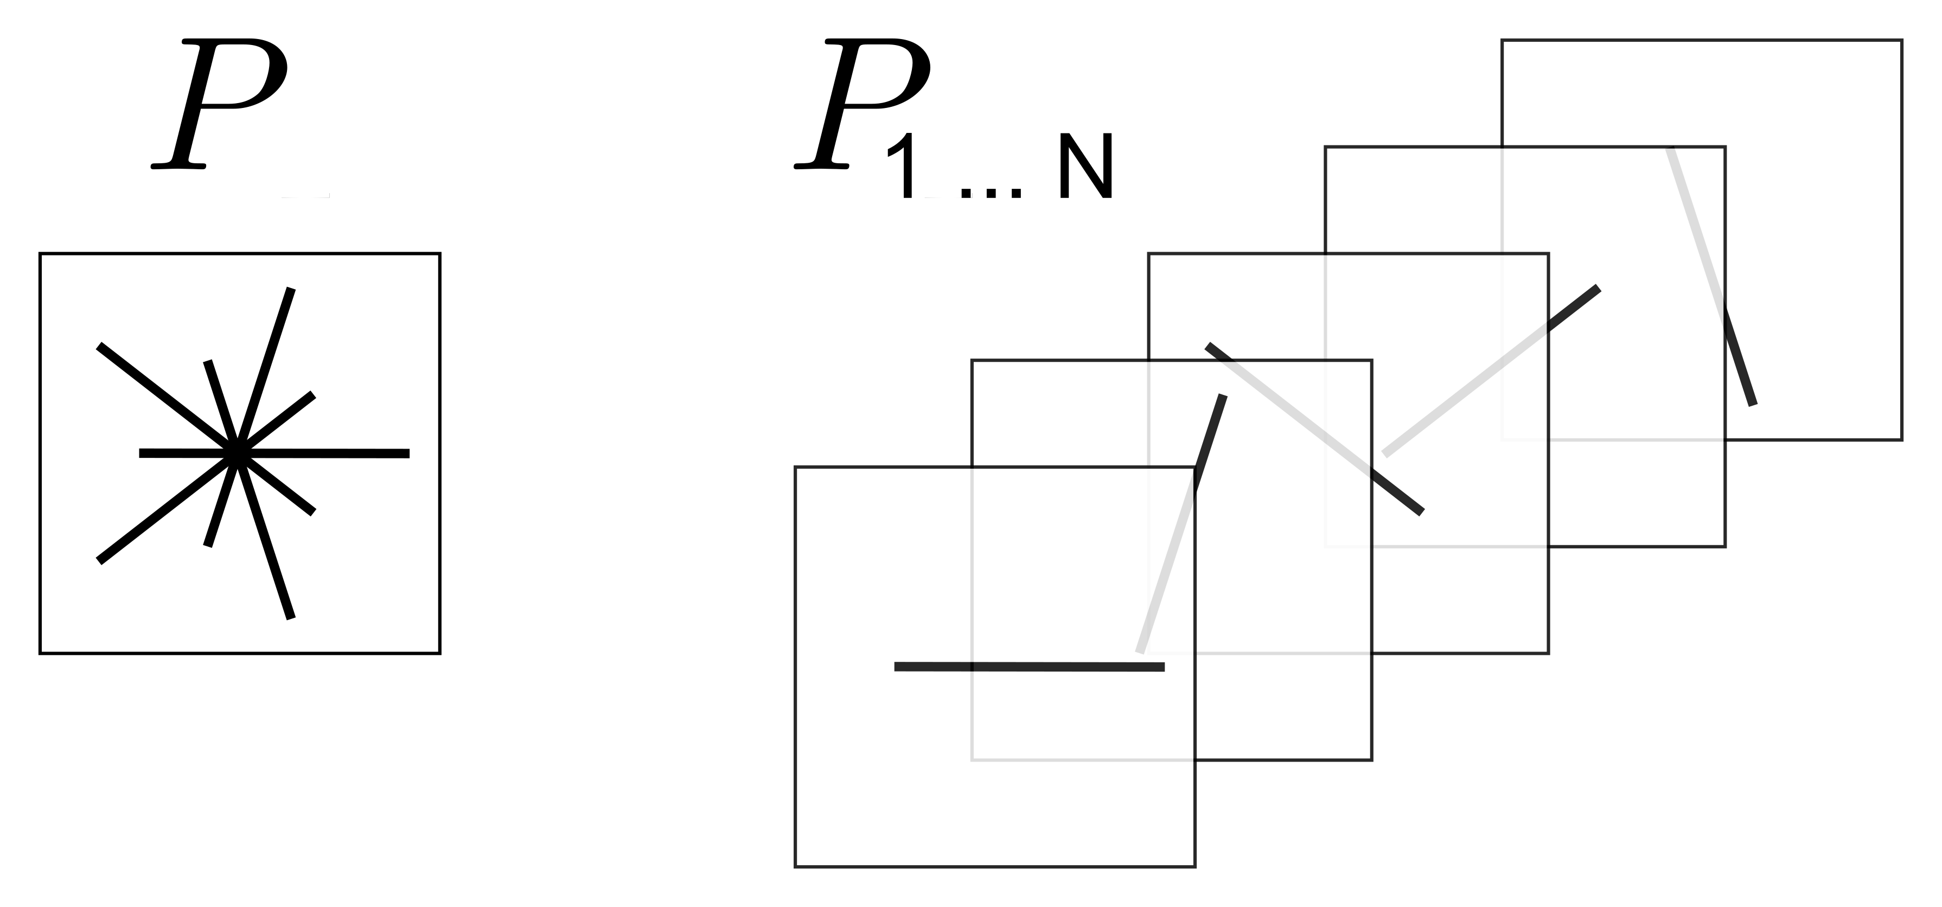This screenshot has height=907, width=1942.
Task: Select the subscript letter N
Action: [x=1085, y=168]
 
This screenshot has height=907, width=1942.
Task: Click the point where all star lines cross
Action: [x=236, y=453]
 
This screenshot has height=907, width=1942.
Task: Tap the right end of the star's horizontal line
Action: [x=408, y=454]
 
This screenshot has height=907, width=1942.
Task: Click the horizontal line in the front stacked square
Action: [x=1029, y=667]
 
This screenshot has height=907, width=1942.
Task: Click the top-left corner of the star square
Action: [x=40, y=254]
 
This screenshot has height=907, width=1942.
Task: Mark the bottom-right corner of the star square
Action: [x=439, y=653]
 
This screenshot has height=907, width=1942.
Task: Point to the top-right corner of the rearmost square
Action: [x=1901, y=41]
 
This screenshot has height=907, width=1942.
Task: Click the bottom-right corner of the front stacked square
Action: [x=1195, y=866]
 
